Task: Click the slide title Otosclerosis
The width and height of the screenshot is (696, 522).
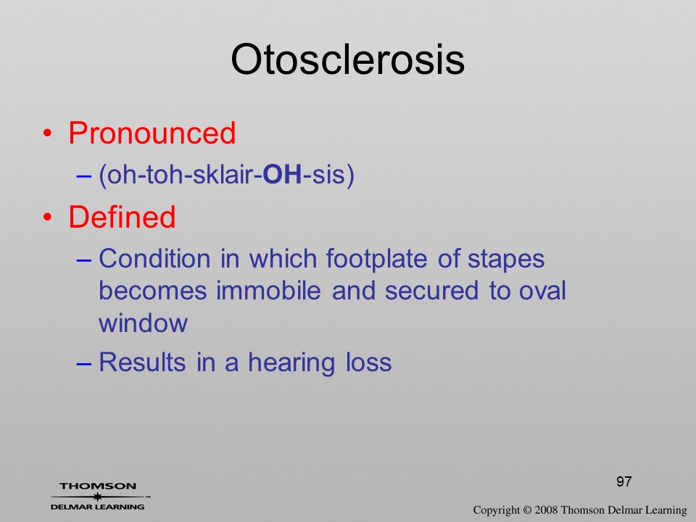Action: pos(347,59)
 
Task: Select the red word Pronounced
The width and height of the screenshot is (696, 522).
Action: pos(152,133)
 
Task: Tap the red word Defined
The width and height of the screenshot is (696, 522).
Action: pos(122,217)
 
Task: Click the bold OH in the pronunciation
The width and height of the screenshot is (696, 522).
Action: pos(282,174)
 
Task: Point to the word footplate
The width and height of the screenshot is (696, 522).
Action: pos(376,260)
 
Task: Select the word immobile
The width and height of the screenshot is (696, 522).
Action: pos(268,291)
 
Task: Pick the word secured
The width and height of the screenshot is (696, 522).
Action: pos(431,291)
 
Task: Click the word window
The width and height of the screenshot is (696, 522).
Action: pos(143,323)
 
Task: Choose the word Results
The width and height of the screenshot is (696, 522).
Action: pos(142,362)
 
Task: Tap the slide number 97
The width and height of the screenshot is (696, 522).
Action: pos(623,481)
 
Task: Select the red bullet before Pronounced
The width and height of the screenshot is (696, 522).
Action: pos(48,133)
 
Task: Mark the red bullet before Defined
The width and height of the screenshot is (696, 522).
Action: pos(48,217)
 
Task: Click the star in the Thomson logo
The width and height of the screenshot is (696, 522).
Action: pos(98,497)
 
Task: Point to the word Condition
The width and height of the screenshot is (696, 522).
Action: pos(154,258)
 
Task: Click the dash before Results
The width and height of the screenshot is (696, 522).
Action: pos(84,363)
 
